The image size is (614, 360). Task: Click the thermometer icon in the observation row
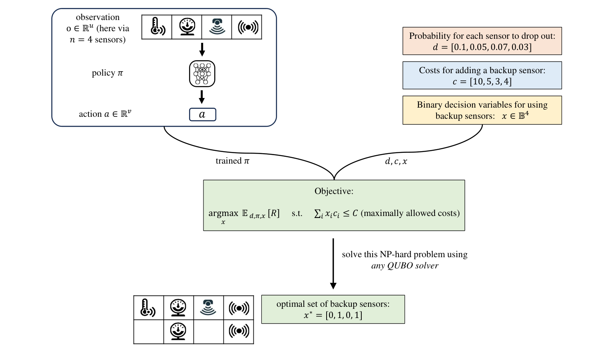(x=158, y=27)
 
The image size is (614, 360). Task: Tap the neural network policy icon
(x=202, y=74)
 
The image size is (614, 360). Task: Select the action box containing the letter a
(x=203, y=114)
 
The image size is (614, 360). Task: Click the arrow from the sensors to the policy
(x=202, y=49)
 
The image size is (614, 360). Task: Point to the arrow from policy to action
(x=202, y=97)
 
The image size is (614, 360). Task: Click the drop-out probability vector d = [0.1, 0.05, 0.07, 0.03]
(x=482, y=47)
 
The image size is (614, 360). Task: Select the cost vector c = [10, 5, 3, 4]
(x=482, y=82)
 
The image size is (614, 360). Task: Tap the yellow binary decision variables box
(x=482, y=110)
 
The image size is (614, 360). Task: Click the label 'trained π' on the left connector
(x=232, y=161)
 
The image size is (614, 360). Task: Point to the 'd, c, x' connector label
(x=396, y=161)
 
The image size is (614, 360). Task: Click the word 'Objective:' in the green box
(x=334, y=191)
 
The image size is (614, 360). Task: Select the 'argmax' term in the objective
(x=223, y=213)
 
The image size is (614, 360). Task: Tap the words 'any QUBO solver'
(x=405, y=266)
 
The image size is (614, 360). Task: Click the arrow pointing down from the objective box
(x=333, y=264)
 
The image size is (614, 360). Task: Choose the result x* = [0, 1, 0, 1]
(x=333, y=315)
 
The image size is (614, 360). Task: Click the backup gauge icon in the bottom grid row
(x=178, y=332)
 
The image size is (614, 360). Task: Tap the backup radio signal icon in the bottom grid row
(x=239, y=331)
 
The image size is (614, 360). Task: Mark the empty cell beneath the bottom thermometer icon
(x=149, y=332)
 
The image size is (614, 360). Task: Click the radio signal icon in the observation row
(x=248, y=27)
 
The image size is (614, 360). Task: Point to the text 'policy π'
(x=107, y=73)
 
